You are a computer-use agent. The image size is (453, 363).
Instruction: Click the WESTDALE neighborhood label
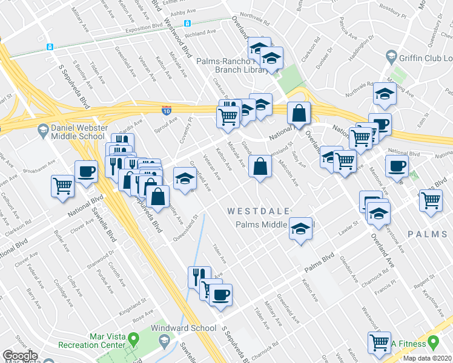(x=253, y=211)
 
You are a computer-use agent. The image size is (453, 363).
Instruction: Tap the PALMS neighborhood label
(x=429, y=234)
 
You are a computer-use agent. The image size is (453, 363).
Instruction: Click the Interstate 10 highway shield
(x=167, y=110)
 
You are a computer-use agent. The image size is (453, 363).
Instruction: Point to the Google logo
(x=20, y=356)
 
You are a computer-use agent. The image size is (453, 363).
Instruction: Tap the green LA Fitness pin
(x=432, y=343)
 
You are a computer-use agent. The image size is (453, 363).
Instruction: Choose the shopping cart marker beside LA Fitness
(x=380, y=343)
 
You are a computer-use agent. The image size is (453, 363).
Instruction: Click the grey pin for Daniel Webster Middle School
(x=42, y=129)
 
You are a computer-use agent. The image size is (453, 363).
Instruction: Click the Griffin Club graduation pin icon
(x=390, y=58)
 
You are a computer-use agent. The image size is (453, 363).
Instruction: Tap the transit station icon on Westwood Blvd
(x=188, y=23)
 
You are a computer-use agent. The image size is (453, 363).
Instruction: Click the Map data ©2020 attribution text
(x=428, y=358)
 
